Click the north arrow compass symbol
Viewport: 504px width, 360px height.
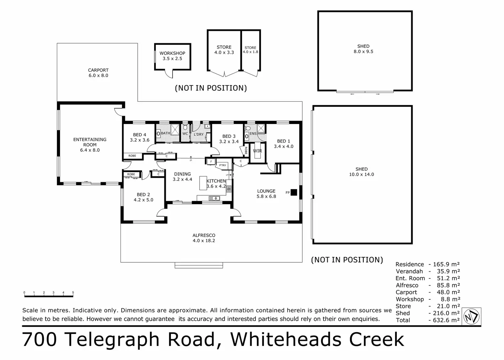pyautogui.click(x=472, y=316)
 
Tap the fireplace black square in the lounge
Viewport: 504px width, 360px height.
pyautogui.click(x=293, y=193)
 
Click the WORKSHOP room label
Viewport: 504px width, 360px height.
pyautogui.click(x=172, y=53)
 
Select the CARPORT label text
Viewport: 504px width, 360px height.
pyautogui.click(x=98, y=70)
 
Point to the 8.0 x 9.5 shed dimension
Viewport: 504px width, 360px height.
pyautogui.click(x=363, y=52)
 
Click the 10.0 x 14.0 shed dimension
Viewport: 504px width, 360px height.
pyautogui.click(x=362, y=174)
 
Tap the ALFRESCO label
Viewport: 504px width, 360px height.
pyautogui.click(x=204, y=235)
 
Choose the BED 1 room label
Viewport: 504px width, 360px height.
pyautogui.click(x=283, y=141)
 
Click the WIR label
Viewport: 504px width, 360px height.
pyautogui.click(x=257, y=151)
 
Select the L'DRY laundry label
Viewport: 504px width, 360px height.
pyautogui.click(x=199, y=134)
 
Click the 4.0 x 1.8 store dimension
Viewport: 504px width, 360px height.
pyautogui.click(x=250, y=52)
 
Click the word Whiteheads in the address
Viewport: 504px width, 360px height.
pyautogui.click(x=286, y=339)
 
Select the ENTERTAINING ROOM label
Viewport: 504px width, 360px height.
pyautogui.click(x=90, y=142)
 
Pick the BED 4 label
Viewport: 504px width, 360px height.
pyautogui.click(x=140, y=135)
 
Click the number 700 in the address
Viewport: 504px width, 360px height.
pyautogui.click(x=39, y=339)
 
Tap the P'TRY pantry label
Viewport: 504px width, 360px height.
pyautogui.click(x=223, y=166)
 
